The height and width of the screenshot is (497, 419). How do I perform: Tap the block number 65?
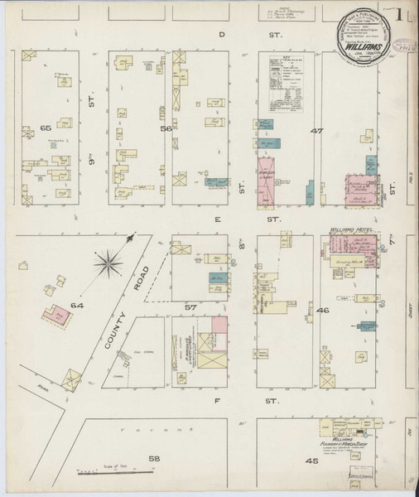[x=46, y=128]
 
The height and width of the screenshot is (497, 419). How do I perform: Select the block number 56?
[x=166, y=128]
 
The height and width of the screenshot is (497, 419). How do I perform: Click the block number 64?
[x=78, y=306]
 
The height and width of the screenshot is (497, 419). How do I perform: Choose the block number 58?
[x=153, y=458]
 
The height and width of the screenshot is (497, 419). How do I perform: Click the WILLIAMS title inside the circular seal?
[x=358, y=48]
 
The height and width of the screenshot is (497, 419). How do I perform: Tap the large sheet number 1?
[x=401, y=17]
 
